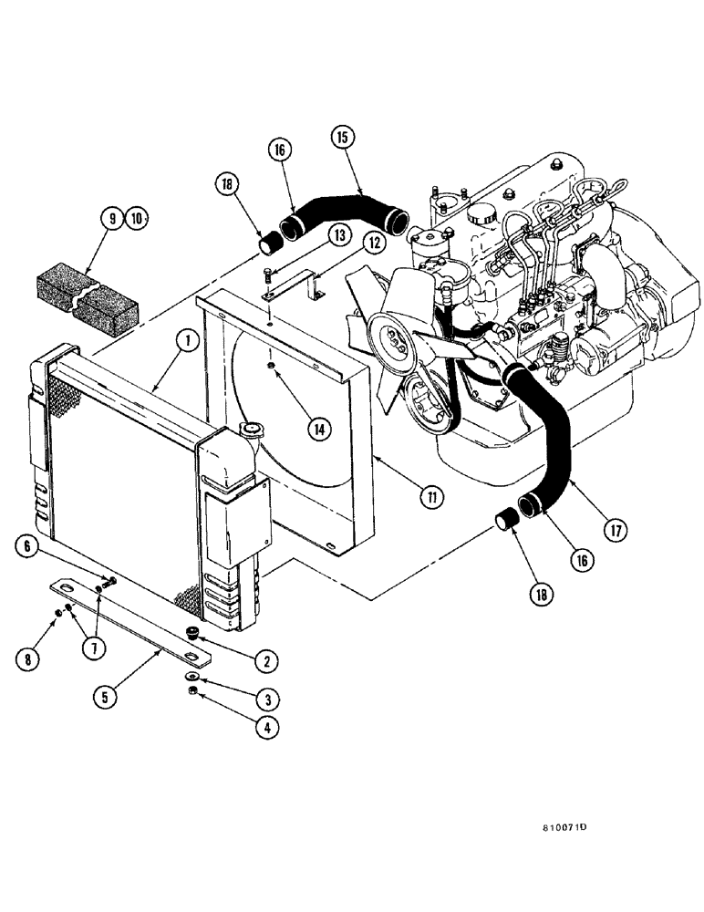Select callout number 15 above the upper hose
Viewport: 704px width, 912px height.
343,139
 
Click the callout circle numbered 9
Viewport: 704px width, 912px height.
111,218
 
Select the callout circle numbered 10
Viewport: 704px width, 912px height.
136,218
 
